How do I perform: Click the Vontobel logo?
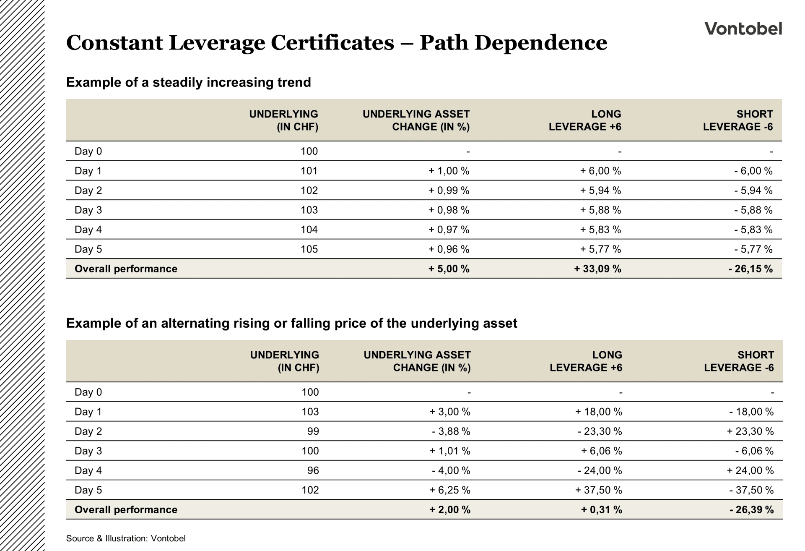pyautogui.click(x=743, y=29)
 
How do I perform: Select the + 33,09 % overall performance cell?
pyautogui.click(x=597, y=269)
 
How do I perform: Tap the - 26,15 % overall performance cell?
pyautogui.click(x=750, y=269)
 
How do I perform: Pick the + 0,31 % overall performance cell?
pyautogui.click(x=601, y=510)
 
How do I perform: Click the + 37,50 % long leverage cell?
pyautogui.click(x=598, y=490)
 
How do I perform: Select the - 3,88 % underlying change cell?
pyautogui.click(x=451, y=431)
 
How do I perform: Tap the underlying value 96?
pyautogui.click(x=313, y=470)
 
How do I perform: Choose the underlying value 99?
pyautogui.click(x=313, y=431)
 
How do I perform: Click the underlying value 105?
pyautogui.click(x=309, y=249)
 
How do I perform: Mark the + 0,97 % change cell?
pyautogui.click(x=449, y=230)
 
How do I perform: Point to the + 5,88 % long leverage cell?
pyautogui.click(x=600, y=210)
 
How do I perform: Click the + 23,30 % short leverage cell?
pyautogui.click(x=750, y=431)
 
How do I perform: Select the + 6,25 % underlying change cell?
pyautogui.click(x=449, y=490)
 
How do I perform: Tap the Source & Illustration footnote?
pyautogui.click(x=126, y=538)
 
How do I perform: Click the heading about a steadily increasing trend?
pyautogui.click(x=188, y=82)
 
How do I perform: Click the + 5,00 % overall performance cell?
pyautogui.click(x=449, y=269)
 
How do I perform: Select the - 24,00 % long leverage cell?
pyautogui.click(x=600, y=470)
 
